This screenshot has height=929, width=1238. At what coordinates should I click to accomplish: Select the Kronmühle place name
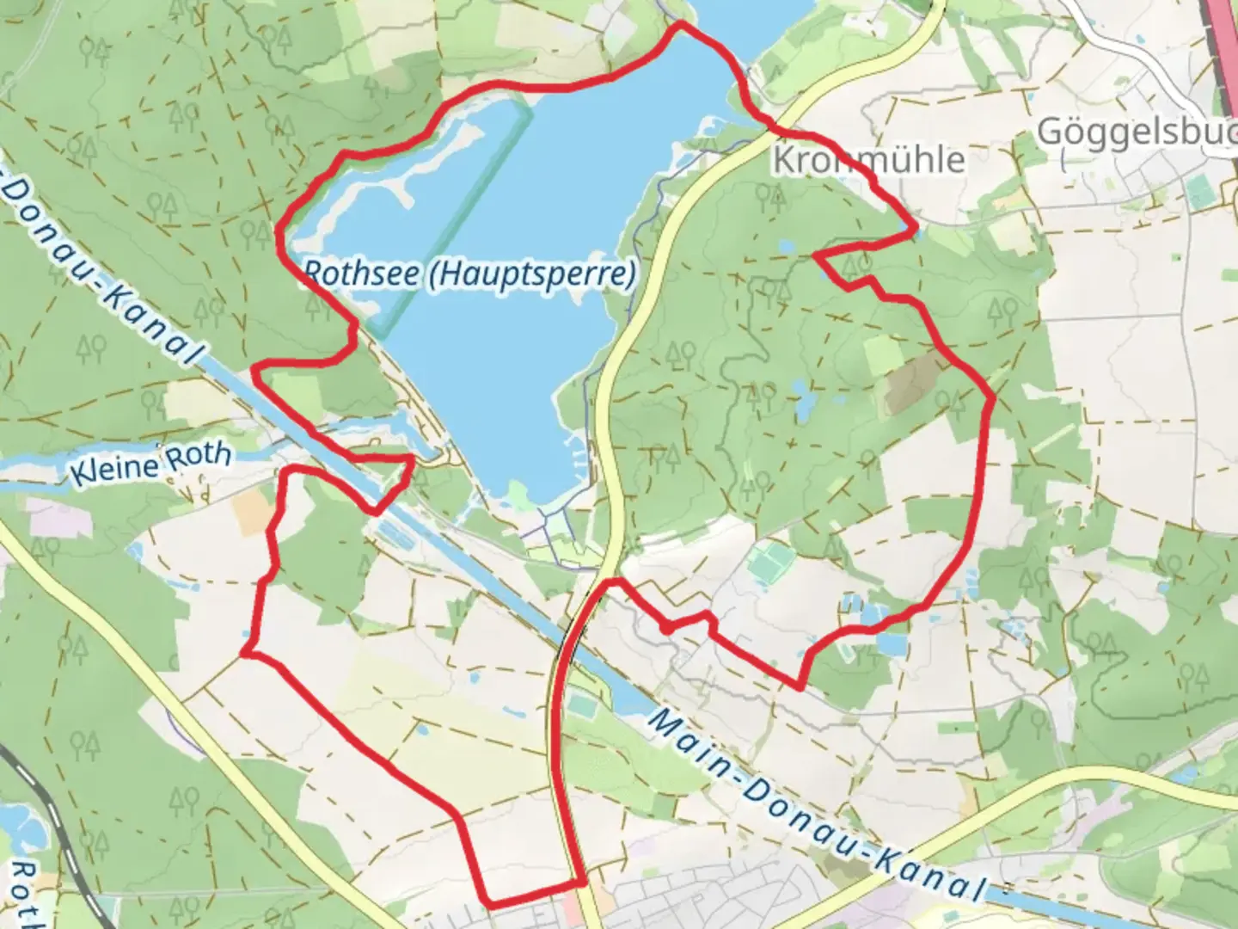click(x=868, y=160)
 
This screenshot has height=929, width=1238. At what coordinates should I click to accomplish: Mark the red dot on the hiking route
click(x=667, y=629)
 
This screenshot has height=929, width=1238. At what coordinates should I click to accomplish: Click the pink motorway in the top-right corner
click(x=1223, y=26)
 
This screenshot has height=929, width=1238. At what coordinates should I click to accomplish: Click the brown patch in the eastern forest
click(x=913, y=383)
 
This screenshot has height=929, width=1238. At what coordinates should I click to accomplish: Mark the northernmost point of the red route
click(x=681, y=24)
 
